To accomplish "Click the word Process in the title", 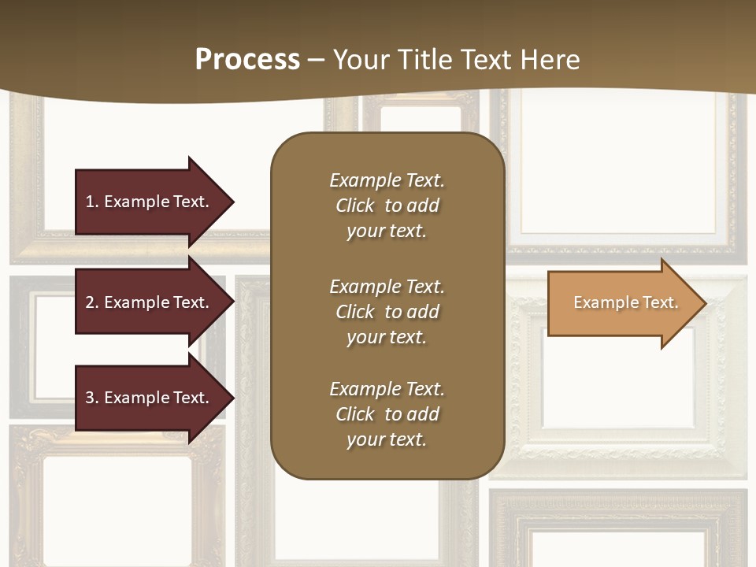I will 247,60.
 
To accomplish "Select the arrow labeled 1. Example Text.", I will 150,202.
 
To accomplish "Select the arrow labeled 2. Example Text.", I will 150,302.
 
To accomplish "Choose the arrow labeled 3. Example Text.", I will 150,398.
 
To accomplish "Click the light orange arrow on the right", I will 622,303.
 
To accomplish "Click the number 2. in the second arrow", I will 91,302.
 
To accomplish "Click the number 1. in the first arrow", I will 91,202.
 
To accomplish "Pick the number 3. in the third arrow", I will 91,398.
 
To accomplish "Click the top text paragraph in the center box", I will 387,206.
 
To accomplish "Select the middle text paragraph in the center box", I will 387,312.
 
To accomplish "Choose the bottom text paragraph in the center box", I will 387,414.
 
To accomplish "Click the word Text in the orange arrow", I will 660,302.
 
